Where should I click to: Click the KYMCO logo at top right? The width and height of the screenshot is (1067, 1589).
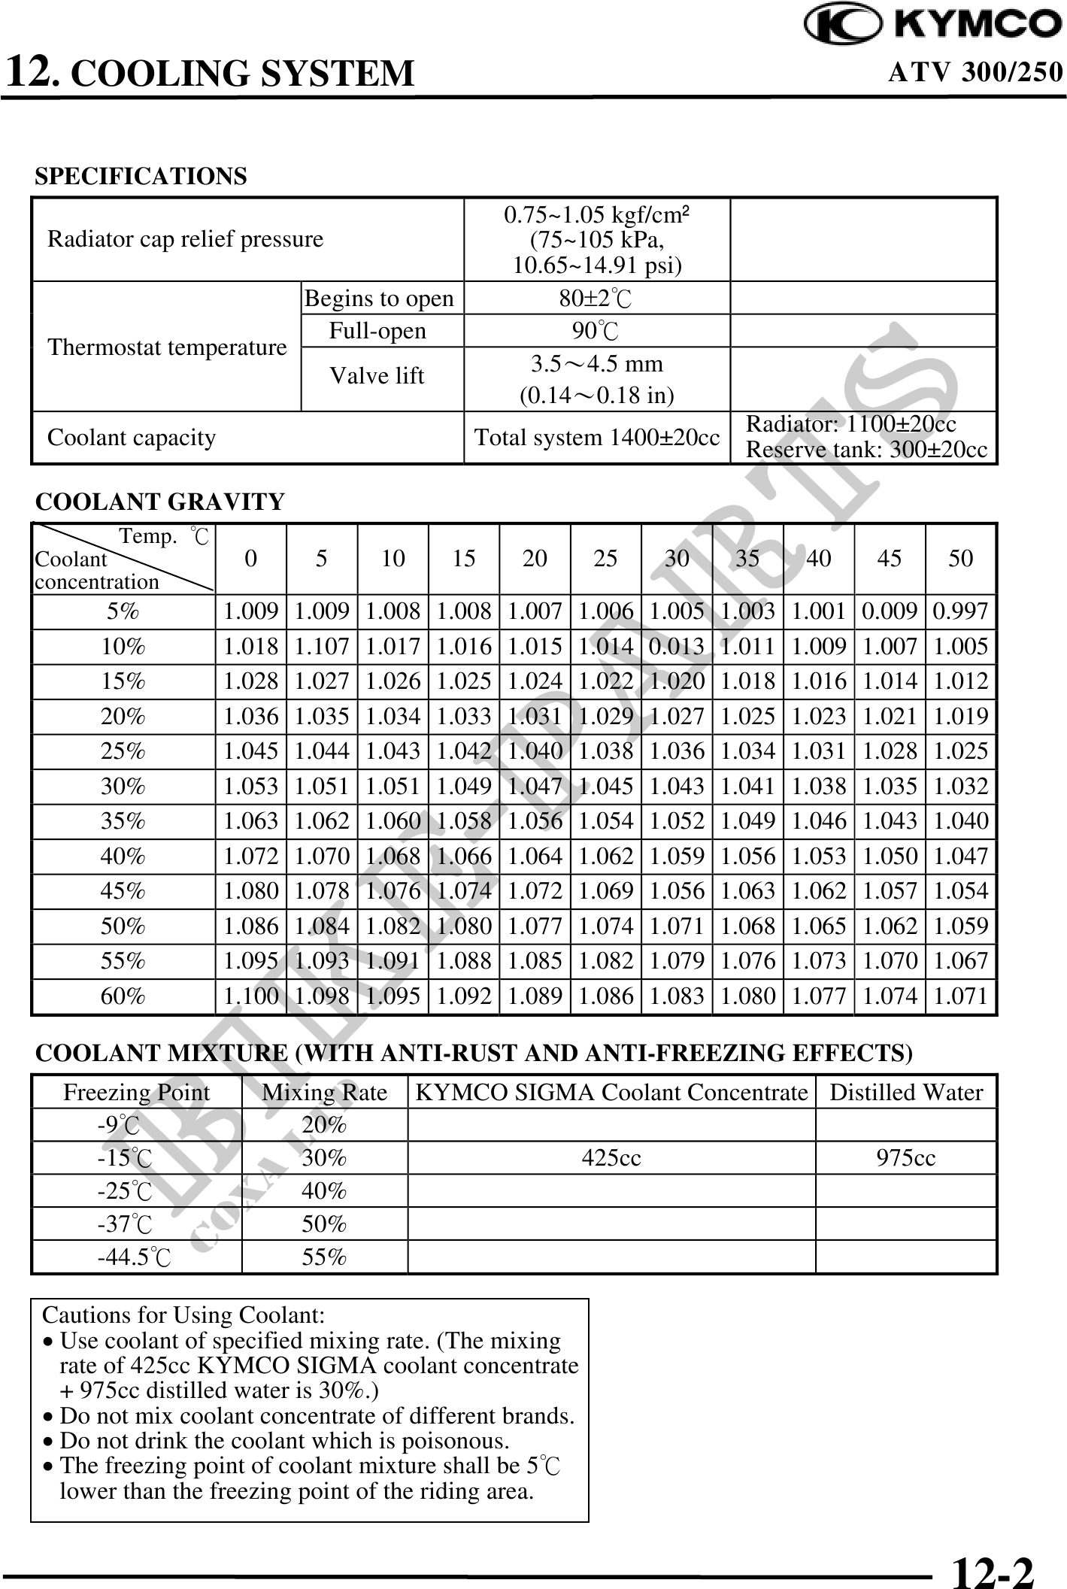click(933, 24)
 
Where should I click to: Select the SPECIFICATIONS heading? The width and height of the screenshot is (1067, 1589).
click(141, 177)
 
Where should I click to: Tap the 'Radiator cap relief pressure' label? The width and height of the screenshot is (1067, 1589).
click(185, 239)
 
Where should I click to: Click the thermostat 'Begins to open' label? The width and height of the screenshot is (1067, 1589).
click(379, 299)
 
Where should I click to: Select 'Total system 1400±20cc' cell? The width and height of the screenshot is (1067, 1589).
click(596, 437)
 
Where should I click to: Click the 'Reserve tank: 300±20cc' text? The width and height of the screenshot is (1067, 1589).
click(866, 450)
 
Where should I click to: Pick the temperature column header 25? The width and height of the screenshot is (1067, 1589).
click(605, 558)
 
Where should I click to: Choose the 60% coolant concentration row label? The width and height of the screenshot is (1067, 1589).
click(123, 996)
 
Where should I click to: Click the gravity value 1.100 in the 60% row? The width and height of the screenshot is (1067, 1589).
click(251, 996)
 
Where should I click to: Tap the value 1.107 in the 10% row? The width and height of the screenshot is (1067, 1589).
click(322, 647)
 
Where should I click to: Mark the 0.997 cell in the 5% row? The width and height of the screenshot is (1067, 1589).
click(960, 611)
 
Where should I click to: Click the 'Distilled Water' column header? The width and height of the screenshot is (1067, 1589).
click(906, 1092)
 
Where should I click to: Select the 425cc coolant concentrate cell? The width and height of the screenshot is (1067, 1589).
click(611, 1158)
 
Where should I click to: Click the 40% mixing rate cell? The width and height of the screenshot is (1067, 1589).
click(324, 1191)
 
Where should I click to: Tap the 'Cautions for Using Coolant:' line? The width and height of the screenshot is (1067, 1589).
click(183, 1315)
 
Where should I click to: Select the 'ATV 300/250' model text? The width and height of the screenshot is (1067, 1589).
click(975, 72)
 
